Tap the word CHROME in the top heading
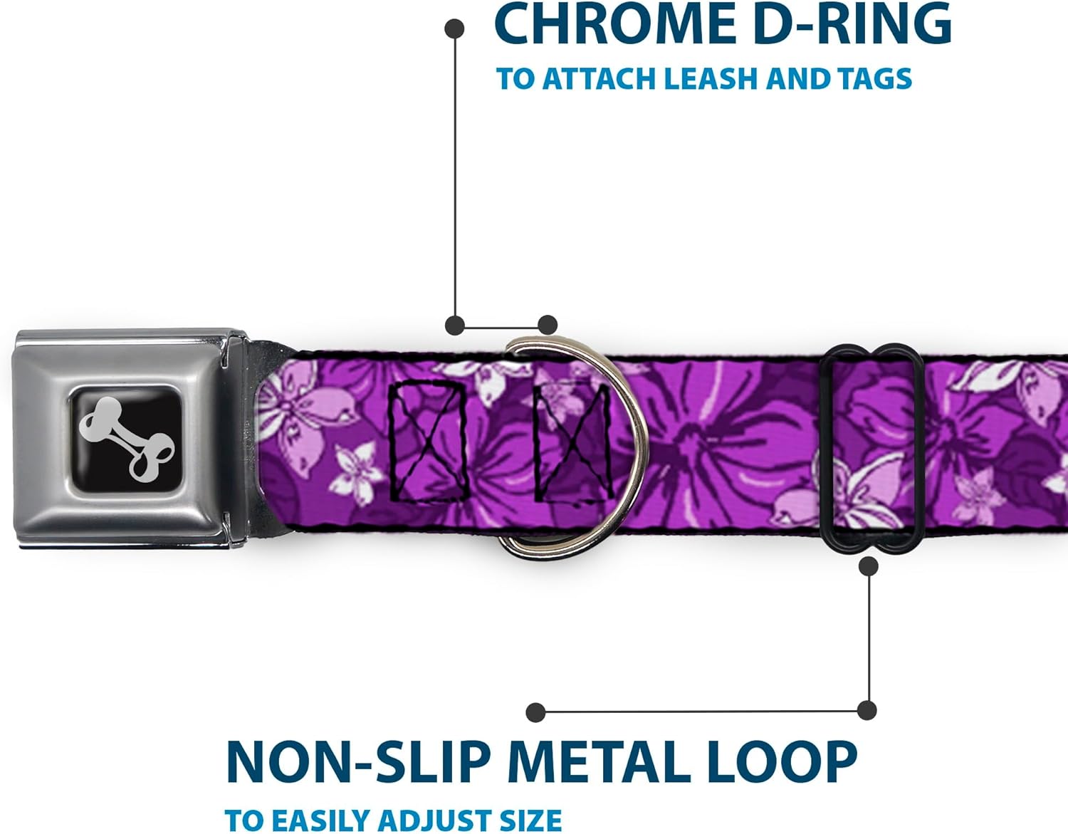[x=614, y=24]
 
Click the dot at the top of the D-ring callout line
[x=454, y=29]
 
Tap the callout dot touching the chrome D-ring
[x=547, y=325]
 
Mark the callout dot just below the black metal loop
[x=868, y=566]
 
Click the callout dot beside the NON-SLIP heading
[x=535, y=711]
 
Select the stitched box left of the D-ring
[x=428, y=439]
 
